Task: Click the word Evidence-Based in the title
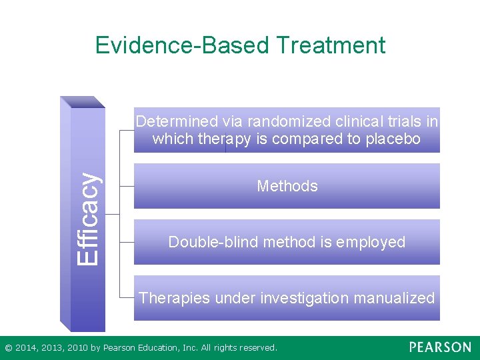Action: point(181,45)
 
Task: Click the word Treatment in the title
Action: point(330,45)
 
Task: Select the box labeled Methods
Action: point(287,187)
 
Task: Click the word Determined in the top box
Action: point(177,122)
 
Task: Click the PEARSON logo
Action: point(439,347)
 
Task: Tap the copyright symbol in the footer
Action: point(8,348)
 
